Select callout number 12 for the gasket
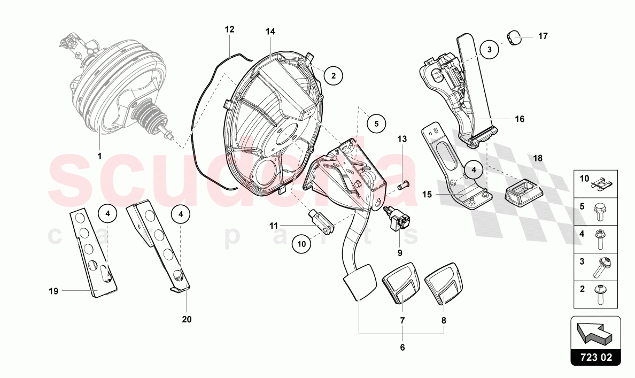tap(229, 30)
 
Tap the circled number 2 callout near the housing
tap(333, 75)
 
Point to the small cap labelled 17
tap(514, 37)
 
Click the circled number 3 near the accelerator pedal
tap(489, 50)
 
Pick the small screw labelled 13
tap(405, 185)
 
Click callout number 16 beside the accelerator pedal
tap(520, 119)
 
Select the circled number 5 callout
tap(376, 124)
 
